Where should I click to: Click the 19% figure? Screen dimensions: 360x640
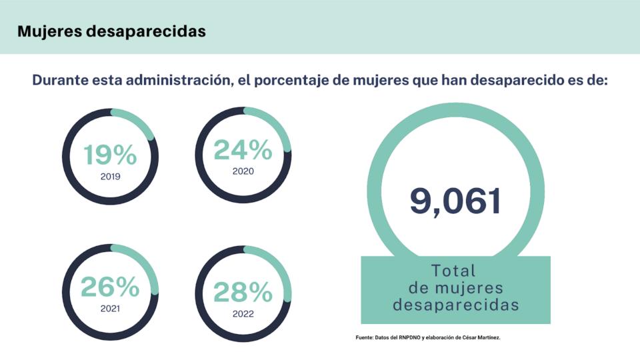point(110,155)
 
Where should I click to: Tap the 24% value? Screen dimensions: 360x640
point(243,150)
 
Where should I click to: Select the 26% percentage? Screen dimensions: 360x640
point(110,287)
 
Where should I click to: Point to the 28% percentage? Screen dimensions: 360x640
point(243,292)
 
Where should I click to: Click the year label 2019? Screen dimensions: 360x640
point(110,177)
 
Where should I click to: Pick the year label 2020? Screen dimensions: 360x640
point(243,171)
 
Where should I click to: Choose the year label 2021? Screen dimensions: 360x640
point(110,309)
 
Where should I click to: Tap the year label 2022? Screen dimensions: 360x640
point(243,313)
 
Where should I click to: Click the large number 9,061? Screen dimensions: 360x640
point(455,201)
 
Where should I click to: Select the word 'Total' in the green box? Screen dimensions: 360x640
point(454,271)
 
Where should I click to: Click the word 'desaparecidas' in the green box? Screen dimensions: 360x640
point(456,305)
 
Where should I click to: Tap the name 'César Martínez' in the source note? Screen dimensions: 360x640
point(478,338)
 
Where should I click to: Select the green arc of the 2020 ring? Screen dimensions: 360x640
point(273,122)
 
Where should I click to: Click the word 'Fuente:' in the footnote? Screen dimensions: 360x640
point(365,338)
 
